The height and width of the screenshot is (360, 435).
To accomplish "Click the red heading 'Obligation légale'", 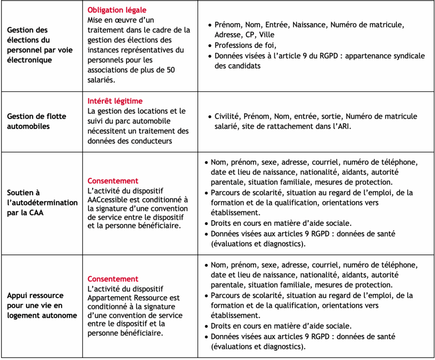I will coord(117,10).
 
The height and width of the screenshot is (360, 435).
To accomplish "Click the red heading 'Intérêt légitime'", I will coord(115,101).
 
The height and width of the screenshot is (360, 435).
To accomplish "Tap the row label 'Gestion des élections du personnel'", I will coord(40,45).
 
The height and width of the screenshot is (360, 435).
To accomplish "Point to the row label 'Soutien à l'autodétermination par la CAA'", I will coord(42,202).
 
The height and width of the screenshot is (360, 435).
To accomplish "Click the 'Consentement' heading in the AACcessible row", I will coord(113,181).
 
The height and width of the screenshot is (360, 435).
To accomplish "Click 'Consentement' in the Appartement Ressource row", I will coord(113,279).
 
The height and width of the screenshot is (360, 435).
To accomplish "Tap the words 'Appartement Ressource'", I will coord(134,298).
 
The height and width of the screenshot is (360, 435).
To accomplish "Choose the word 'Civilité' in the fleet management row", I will coord(228,116).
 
